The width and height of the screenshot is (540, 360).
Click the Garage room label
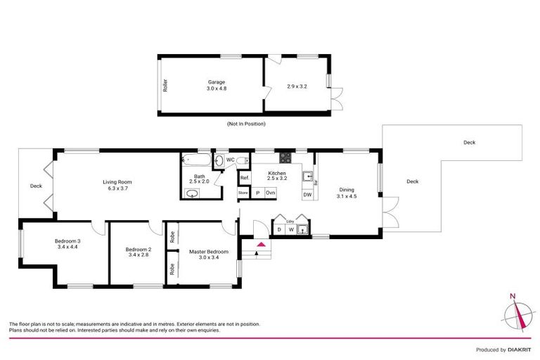(216, 82)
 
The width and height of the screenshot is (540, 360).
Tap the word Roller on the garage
(165, 85)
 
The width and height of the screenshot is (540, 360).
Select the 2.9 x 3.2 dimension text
(297, 86)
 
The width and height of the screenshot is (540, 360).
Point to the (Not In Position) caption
(246, 124)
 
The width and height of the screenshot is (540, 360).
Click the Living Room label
(120, 181)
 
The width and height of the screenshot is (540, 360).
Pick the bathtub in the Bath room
(194, 160)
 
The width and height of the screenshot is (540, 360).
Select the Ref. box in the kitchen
(245, 179)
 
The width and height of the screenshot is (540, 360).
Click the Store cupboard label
(243, 192)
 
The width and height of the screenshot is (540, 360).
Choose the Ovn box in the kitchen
(271, 192)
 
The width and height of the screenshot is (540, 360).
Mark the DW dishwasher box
(307, 194)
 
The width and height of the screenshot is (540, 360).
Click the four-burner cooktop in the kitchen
(285, 157)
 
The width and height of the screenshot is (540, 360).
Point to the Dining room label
(347, 189)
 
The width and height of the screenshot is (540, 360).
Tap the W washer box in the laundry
(290, 229)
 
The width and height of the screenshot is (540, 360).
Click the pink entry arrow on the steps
(262, 245)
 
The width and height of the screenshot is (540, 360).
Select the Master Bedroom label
(209, 252)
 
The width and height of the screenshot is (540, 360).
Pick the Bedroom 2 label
(139, 249)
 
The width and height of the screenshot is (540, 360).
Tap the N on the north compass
(513, 296)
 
